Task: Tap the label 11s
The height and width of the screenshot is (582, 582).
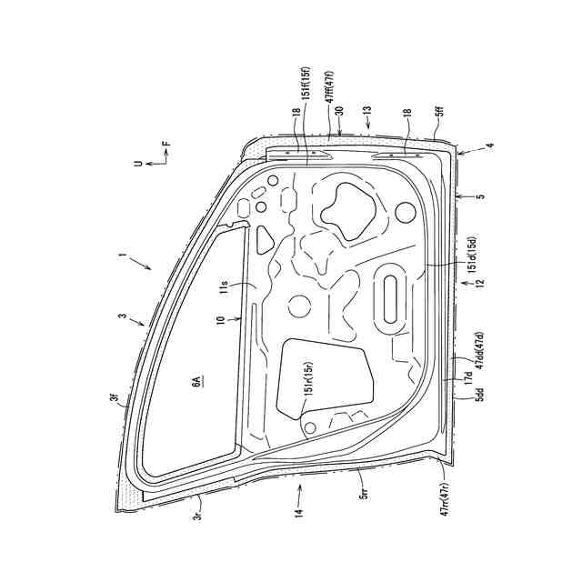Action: [x=225, y=288]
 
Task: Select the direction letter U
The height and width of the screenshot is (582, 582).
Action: [x=135, y=165]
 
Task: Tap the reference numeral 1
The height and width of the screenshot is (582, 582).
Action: [x=121, y=256]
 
